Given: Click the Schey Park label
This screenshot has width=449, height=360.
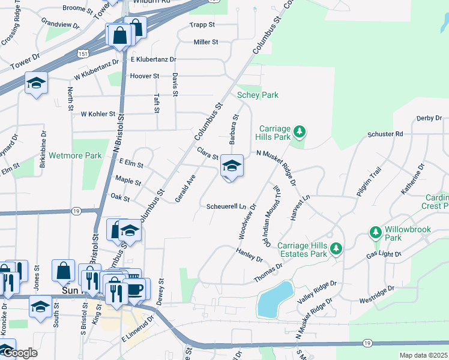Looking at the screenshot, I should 258,95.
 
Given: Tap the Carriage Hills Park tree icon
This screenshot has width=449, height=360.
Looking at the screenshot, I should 301,131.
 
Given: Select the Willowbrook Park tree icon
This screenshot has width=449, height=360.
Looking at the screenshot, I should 376,232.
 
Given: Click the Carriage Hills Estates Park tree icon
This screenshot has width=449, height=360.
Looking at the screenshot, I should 336,248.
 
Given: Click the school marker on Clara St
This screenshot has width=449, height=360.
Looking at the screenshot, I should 232,166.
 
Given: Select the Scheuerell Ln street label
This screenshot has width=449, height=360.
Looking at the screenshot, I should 226,206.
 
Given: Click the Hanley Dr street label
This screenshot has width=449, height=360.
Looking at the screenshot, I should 249,255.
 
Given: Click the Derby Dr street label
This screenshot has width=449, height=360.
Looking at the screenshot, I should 429,119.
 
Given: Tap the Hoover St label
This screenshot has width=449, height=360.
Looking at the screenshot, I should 145,76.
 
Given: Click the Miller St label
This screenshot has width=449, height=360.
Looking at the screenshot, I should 205,42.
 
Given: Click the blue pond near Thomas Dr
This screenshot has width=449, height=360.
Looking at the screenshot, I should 275,299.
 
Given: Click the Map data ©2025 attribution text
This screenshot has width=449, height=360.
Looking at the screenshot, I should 423,355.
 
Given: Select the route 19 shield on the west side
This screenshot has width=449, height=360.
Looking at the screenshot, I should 76,211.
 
